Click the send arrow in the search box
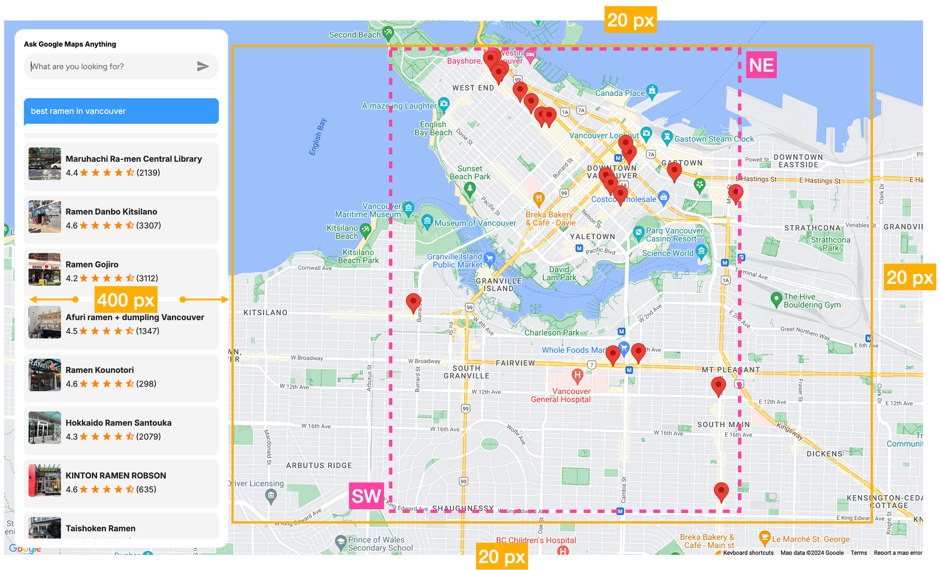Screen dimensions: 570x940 203,66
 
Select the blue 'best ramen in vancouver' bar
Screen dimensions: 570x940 121,111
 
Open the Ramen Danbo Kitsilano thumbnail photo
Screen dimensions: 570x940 45,217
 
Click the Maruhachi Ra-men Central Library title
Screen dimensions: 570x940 133,159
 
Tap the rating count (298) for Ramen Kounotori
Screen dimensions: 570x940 146,384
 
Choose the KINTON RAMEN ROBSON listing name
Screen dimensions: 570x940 116,476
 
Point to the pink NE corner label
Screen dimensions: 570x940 761,65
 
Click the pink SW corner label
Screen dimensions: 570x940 366,496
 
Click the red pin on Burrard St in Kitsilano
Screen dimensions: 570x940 413,302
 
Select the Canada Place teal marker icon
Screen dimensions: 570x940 652,91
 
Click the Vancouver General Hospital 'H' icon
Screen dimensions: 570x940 577,375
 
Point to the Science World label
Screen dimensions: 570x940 667,253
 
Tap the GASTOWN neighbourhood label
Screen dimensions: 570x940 682,163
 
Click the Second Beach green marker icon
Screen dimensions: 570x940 388,33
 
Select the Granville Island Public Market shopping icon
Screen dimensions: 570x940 489,258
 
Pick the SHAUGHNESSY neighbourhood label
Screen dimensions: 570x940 462,508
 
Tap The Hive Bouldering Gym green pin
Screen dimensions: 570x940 776,299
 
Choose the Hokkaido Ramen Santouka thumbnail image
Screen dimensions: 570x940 45,428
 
